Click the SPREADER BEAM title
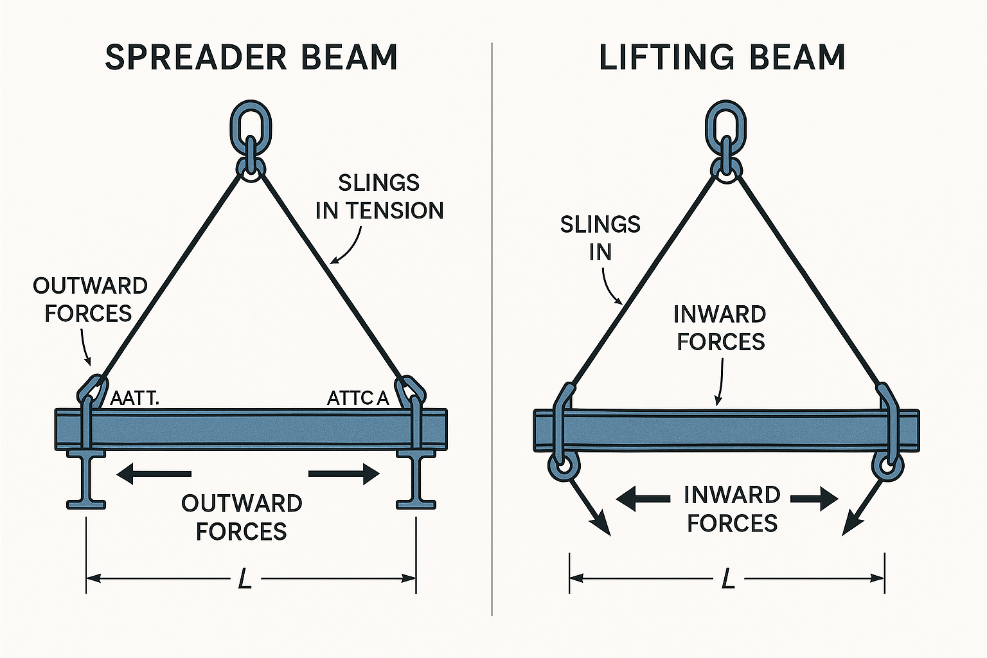(251, 58)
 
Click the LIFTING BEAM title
(722, 58)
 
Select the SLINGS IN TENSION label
(379, 197)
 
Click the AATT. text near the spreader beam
(134, 398)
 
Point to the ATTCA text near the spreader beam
(358, 398)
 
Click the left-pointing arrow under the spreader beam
(154, 474)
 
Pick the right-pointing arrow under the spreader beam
(344, 474)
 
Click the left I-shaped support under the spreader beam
(86, 479)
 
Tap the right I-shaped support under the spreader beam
(416, 479)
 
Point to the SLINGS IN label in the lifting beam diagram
(600, 238)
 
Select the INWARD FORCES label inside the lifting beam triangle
(720, 328)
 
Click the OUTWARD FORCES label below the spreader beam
(242, 517)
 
